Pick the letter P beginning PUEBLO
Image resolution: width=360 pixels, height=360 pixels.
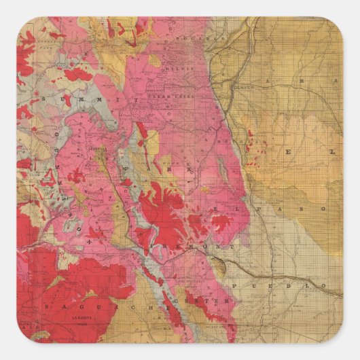(234, 286)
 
